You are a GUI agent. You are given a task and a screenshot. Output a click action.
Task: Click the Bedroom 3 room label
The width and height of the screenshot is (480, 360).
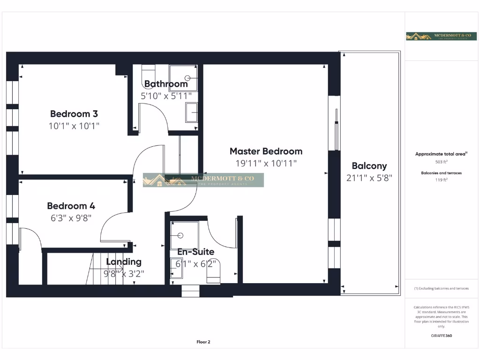coord(74,113)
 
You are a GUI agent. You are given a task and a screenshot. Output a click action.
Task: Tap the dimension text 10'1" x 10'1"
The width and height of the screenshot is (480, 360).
coord(75,126)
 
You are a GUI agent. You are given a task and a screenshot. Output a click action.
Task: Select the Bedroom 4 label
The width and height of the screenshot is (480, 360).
coord(71,205)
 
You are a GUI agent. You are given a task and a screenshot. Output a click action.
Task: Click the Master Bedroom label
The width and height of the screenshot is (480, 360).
coord(266,151)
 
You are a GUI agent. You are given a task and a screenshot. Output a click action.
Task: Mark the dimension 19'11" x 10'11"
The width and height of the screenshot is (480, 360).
coord(266,163)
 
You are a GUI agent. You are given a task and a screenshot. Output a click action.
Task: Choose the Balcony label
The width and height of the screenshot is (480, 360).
coord(369,165)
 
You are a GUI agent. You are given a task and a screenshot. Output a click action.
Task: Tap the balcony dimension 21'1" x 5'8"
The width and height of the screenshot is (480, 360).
coord(369,178)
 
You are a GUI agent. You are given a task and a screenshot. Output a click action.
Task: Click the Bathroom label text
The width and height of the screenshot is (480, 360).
coord(166,84)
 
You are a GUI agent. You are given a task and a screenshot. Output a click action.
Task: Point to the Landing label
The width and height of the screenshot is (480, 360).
coord(124,262)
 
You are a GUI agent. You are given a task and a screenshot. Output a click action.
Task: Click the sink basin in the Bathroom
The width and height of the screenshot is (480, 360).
coord(191,112)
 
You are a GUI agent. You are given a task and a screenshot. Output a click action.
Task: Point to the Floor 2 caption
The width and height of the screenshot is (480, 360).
coord(203,342)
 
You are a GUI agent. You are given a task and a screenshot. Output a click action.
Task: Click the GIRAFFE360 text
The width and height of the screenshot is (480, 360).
coord(441,336)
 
